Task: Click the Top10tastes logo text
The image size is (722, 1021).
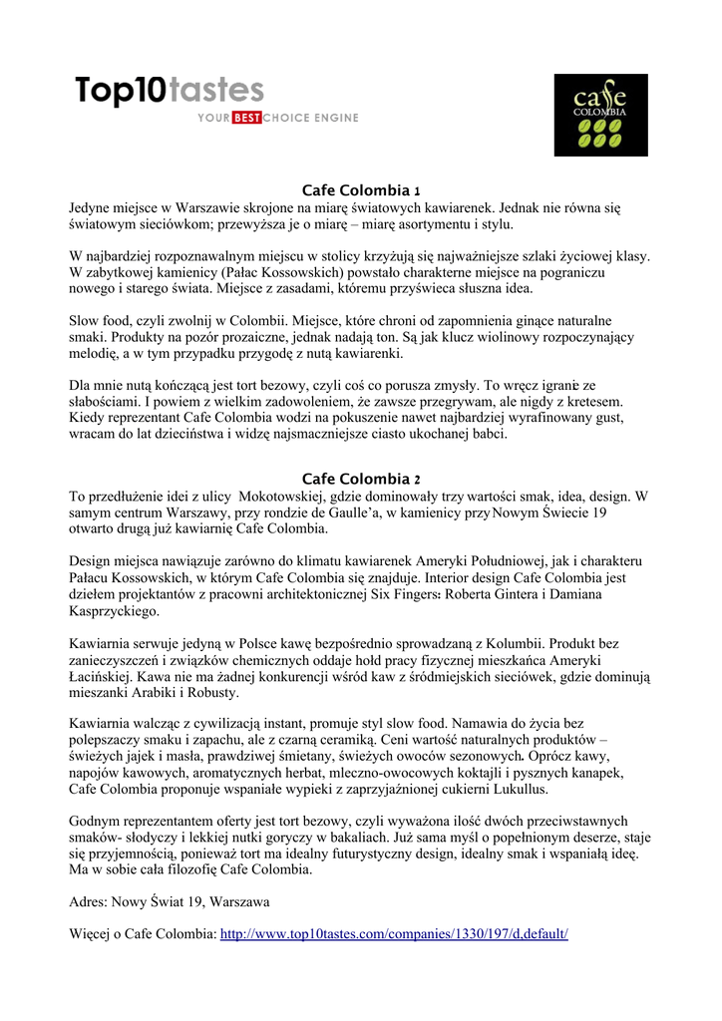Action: [170, 91]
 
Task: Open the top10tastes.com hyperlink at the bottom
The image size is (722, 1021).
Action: [393, 933]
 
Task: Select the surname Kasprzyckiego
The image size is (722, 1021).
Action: [117, 610]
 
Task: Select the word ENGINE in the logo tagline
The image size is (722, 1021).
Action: [336, 119]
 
